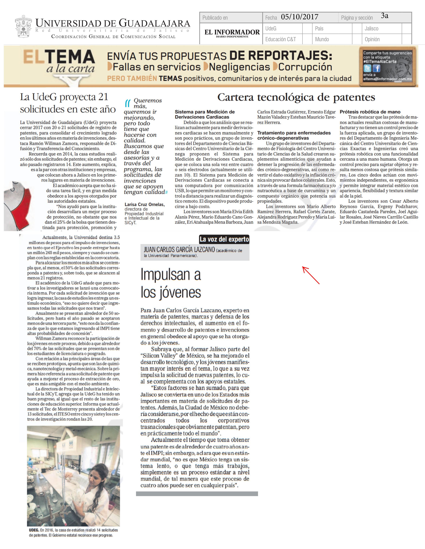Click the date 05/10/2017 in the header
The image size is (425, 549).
click(x=300, y=17)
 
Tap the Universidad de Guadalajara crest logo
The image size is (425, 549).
click(x=23, y=26)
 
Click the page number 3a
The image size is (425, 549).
click(x=384, y=16)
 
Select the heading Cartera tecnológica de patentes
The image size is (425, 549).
click(x=296, y=97)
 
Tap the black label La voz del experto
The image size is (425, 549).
click(x=224, y=239)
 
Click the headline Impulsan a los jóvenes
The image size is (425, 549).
click(x=171, y=283)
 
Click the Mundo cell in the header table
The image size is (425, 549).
click(x=322, y=39)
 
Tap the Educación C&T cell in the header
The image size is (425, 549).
click(x=280, y=39)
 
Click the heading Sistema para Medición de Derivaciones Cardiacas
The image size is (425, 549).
click(x=204, y=114)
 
